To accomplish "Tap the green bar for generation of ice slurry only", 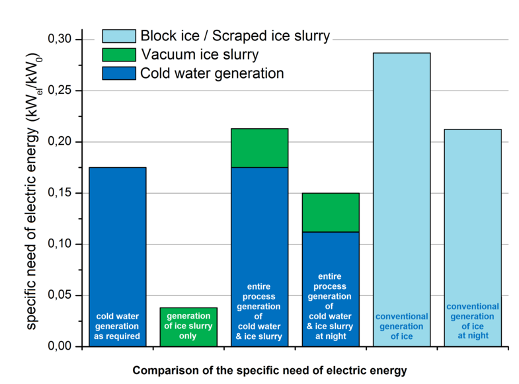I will coord(188,326).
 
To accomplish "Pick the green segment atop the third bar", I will coord(259,148).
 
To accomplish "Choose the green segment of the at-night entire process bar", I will coord(330,212).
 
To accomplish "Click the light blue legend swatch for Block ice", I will coord(118,36).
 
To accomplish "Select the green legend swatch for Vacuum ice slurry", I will coord(118,54).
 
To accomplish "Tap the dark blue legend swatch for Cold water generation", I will coord(118,73).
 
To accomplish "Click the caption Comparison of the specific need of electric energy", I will coord(270,370).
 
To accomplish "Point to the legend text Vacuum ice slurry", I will coord(199,54).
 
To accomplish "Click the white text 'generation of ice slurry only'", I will coord(188,326).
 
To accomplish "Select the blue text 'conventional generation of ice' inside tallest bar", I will coord(401,326).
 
